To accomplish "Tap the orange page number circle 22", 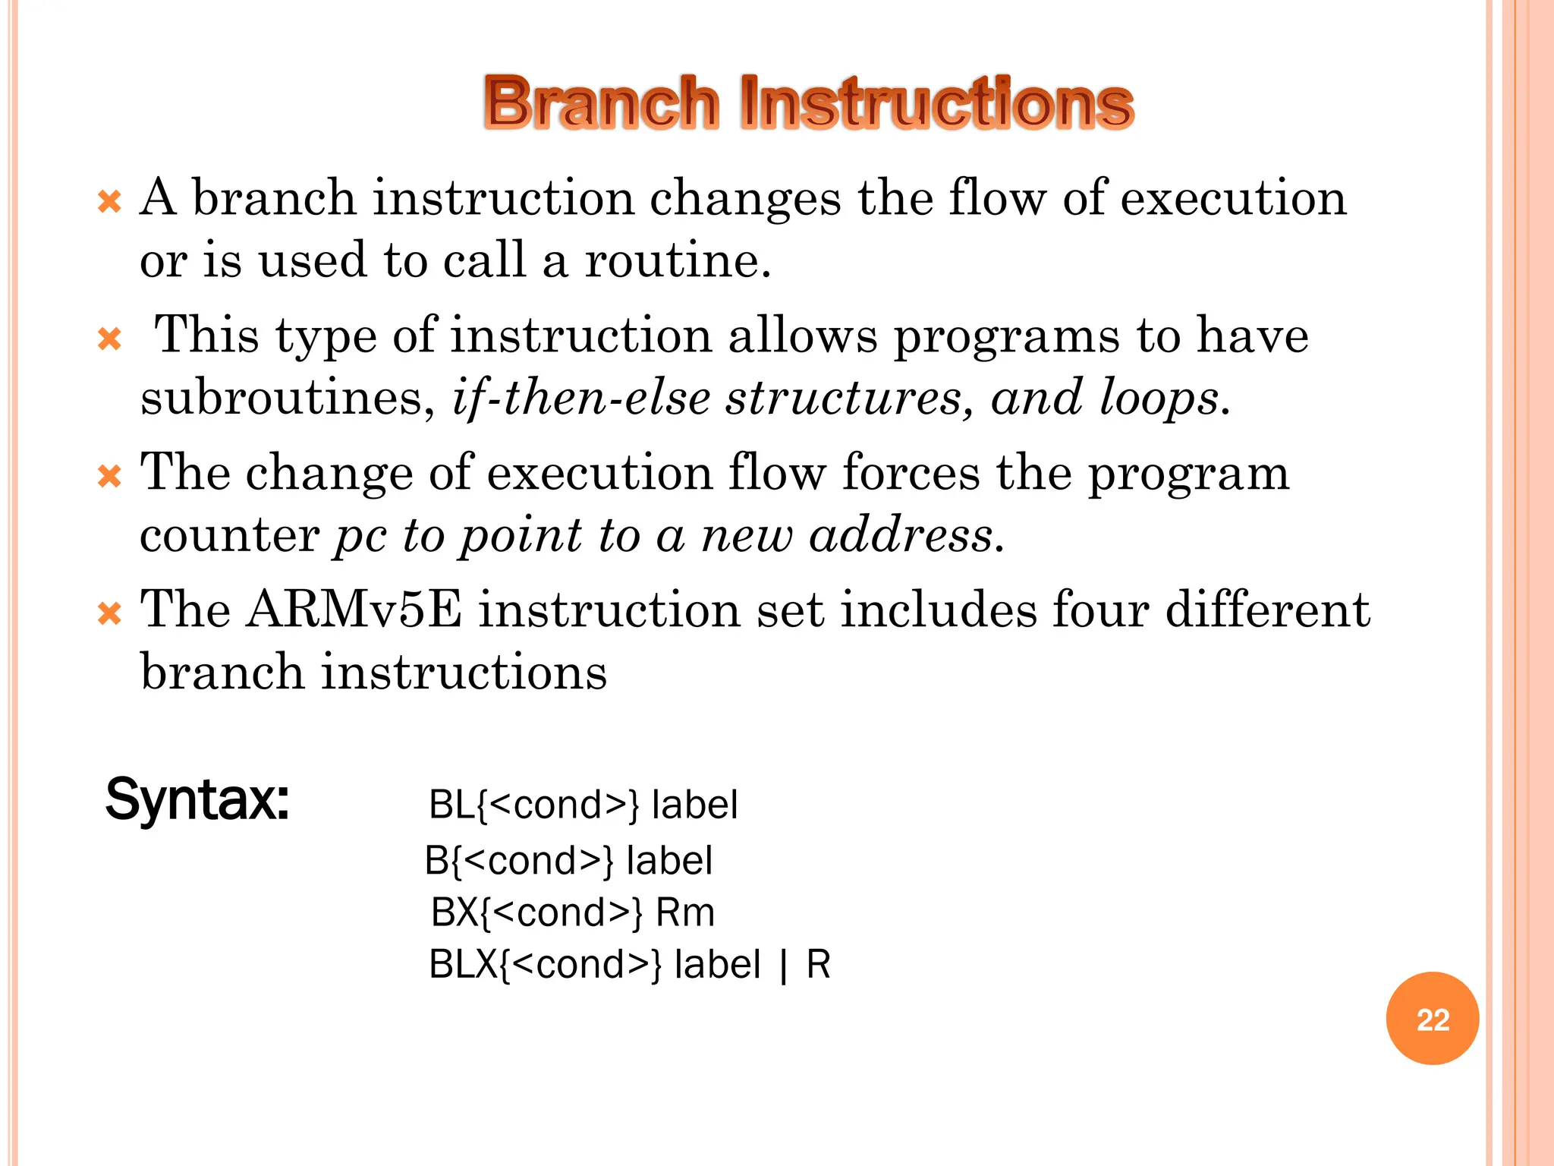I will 1432,1019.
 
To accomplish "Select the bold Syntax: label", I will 197,799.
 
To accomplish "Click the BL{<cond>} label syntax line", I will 583,805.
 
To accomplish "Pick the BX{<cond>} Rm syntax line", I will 572,912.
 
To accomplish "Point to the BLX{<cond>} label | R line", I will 629,965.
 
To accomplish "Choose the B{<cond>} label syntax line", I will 568,861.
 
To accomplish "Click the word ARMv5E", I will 354,610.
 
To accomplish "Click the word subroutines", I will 281,398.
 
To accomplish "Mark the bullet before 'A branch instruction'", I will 110,202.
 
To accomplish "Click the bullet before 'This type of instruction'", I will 110,339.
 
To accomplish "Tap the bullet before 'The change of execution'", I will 110,477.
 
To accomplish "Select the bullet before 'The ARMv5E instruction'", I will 110,613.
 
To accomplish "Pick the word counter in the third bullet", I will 229,535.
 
